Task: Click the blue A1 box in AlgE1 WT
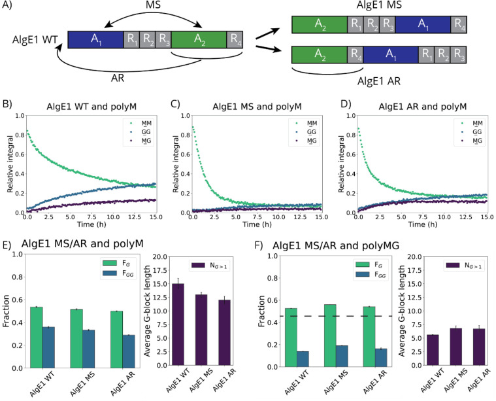click(x=95, y=40)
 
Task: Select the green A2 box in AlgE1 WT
click(x=199, y=40)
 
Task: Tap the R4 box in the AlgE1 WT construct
click(x=235, y=40)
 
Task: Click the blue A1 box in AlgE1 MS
click(x=423, y=25)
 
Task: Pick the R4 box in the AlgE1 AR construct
click(x=355, y=54)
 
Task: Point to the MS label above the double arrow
click(x=154, y=5)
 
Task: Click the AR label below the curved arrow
click(x=118, y=78)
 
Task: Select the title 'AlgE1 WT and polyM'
click(x=91, y=107)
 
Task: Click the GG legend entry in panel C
click(x=306, y=132)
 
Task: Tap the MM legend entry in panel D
click(x=472, y=123)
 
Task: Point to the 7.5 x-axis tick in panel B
click(x=91, y=217)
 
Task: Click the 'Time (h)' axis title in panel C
click(x=257, y=224)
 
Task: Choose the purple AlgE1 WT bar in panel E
click(x=178, y=324)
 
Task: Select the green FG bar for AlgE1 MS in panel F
click(x=330, y=336)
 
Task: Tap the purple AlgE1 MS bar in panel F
click(x=456, y=347)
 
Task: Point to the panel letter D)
click(x=346, y=104)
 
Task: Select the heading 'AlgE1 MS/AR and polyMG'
click(x=336, y=245)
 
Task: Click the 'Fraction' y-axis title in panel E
click(x=6, y=311)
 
